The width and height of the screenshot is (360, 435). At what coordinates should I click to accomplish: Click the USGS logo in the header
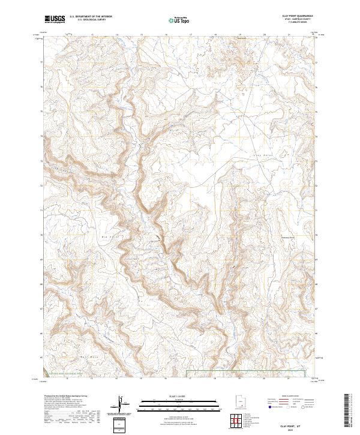(x=55, y=19)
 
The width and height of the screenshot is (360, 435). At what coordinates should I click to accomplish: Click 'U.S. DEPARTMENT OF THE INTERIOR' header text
(x=91, y=16)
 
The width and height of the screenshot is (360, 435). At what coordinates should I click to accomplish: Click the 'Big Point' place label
(x=108, y=237)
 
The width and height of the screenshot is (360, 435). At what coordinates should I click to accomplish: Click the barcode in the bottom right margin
(x=350, y=411)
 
